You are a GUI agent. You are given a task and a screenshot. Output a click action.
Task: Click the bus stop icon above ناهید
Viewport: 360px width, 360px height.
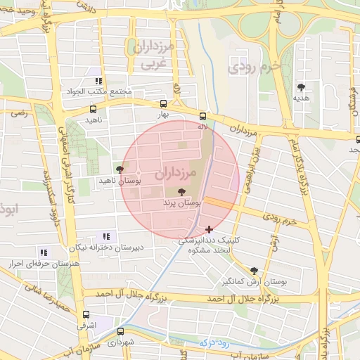(93, 109)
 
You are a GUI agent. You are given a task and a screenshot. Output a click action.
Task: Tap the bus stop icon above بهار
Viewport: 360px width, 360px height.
(164, 103)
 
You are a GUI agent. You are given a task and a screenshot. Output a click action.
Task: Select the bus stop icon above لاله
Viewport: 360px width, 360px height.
(203, 115)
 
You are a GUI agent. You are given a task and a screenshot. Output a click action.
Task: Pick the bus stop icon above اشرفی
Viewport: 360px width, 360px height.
(86, 315)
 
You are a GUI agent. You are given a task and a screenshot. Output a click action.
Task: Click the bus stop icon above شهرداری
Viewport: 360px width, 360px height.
(121, 330)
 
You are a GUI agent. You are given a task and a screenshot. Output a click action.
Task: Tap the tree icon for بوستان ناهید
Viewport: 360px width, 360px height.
(120, 169)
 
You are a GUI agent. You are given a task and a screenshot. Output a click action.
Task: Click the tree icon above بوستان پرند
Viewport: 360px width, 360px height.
(182, 191)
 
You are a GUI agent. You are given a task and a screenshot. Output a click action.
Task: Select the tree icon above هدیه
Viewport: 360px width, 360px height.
(302, 87)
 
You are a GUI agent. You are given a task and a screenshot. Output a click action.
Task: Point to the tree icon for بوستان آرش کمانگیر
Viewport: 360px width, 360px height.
(254, 270)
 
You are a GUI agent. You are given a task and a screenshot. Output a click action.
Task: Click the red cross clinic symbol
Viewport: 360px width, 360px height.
(209, 229)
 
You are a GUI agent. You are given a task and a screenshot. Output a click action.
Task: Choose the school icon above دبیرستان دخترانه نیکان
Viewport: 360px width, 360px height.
(106, 236)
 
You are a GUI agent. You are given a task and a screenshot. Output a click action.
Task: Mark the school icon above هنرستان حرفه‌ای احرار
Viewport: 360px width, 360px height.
(44, 252)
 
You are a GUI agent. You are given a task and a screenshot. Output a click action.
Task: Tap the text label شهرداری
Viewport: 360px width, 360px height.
(121, 342)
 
